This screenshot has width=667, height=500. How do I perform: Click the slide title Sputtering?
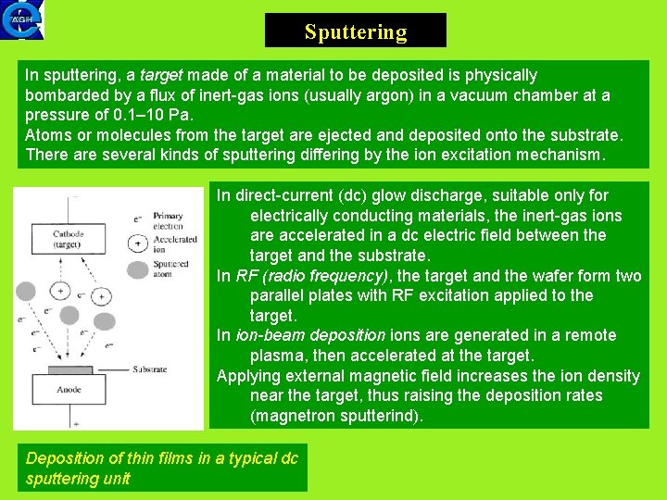pyautogui.click(x=356, y=32)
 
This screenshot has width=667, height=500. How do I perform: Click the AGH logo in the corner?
pyautogui.click(x=21, y=20)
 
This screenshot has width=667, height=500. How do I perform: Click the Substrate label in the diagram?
pyautogui.click(x=149, y=369)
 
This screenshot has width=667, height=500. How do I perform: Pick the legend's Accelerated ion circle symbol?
pyautogui.click(x=137, y=244)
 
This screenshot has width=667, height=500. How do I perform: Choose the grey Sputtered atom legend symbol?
pyautogui.click(x=137, y=269)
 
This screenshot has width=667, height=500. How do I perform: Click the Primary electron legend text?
pyautogui.click(x=169, y=219)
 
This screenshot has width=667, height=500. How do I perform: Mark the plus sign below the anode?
pyautogui.click(x=76, y=422)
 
